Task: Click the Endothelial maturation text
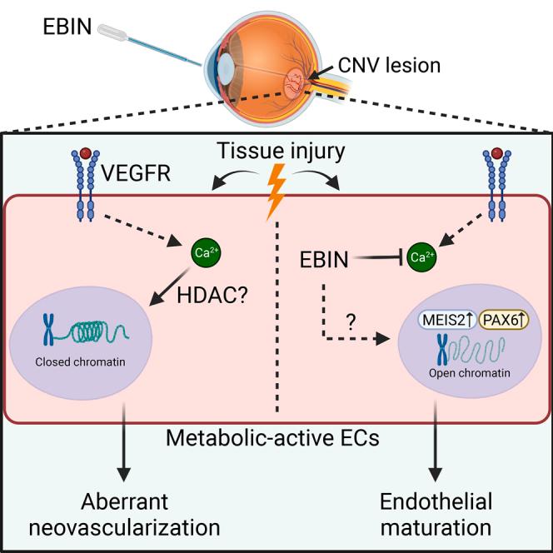pyautogui.click(x=436, y=515)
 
